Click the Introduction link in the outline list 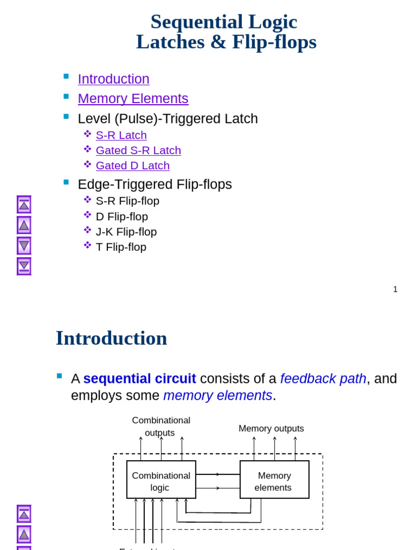(113, 79)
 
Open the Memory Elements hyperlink (133, 99)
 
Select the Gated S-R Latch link (138, 150)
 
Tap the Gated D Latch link (133, 165)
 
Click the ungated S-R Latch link (121, 135)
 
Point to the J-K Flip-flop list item (126, 232)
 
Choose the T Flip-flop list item (121, 247)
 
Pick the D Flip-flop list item (122, 217)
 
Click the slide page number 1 (395, 290)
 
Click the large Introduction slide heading (111, 338)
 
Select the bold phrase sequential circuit (139, 379)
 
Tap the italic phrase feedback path (323, 379)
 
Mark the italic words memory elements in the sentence (217, 396)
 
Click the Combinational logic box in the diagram (161, 480)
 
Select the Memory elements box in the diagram (274, 480)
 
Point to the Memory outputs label (271, 429)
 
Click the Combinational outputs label (160, 426)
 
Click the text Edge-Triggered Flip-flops (154, 185)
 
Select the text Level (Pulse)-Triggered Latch (167, 119)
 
